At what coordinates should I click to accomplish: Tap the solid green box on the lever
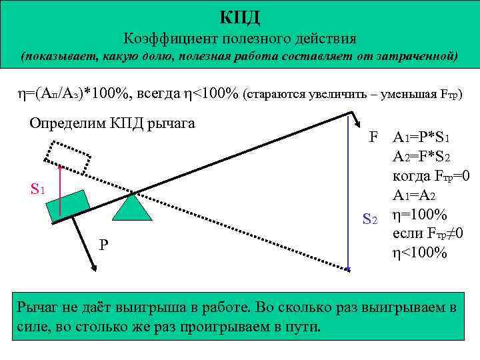69,205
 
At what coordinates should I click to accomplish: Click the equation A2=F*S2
425,157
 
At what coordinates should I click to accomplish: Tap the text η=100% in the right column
420,215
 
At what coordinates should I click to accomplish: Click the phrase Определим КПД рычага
107,123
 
